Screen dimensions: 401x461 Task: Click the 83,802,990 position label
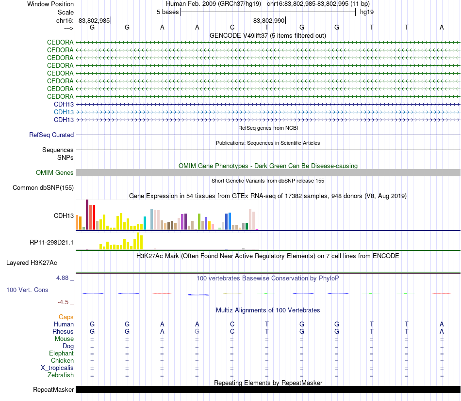pyautogui.click(x=269, y=20)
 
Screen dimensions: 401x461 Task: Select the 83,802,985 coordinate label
pyautogui.click(x=94, y=20)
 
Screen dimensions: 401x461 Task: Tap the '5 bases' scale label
pyautogui.click(x=167, y=12)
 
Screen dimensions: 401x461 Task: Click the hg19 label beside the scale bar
pyautogui.click(x=366, y=12)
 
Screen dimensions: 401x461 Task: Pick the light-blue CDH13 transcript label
pyautogui.click(x=64, y=112)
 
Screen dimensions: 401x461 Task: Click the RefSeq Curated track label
pyautogui.click(x=51, y=135)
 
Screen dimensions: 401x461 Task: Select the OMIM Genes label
pyautogui.click(x=55, y=172)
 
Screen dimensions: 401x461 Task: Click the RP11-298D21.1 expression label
pyautogui.click(x=52, y=242)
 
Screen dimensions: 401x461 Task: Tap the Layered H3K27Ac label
pyautogui.click(x=32, y=263)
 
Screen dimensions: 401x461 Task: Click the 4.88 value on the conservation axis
pyautogui.click(x=63, y=278)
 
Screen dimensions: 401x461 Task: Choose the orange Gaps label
pyautogui.click(x=66, y=317)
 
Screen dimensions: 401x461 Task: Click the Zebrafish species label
pyautogui.click(x=61, y=375)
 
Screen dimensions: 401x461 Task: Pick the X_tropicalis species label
pyautogui.click(x=57, y=368)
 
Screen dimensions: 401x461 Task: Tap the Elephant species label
pyautogui.click(x=61, y=353)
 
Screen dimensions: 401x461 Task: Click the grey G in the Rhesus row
pyautogui.click(x=197, y=331)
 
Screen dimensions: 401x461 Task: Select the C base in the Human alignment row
pyautogui.click(x=232, y=324)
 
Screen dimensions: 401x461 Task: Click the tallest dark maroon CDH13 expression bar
pyautogui.click(x=87, y=214)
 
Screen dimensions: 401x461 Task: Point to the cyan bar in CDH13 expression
pyautogui.click(x=145, y=223)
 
